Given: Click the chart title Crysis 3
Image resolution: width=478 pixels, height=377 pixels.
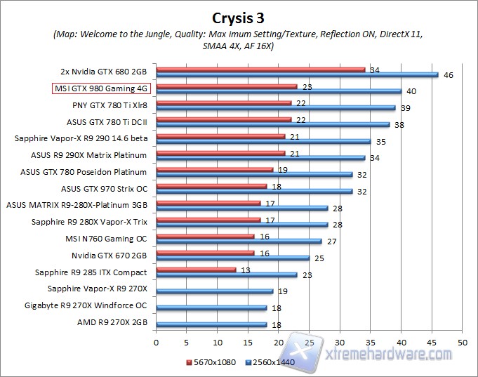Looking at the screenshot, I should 239,16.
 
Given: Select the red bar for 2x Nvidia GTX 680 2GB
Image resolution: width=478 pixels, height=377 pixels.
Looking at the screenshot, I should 260,70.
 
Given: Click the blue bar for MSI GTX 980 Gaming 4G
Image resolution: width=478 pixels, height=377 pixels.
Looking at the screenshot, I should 278,91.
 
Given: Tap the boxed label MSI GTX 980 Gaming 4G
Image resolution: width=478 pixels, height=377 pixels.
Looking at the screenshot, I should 101,88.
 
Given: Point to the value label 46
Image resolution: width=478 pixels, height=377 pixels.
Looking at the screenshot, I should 448,74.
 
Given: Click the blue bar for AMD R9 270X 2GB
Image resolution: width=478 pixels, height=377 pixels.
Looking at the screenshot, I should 211,324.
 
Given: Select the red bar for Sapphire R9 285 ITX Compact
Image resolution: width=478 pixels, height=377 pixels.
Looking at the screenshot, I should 196,269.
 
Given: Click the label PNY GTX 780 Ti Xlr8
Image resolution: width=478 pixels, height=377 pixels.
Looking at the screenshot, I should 109,105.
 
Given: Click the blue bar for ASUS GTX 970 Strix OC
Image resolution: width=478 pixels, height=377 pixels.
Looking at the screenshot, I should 253,191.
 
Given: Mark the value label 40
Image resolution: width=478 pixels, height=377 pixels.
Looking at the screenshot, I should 411,91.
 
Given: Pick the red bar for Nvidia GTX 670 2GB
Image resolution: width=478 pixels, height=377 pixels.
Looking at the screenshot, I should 205,252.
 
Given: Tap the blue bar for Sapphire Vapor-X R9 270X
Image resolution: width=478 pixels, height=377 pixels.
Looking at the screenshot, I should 214,291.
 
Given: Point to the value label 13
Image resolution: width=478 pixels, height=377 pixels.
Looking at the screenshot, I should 245,269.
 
